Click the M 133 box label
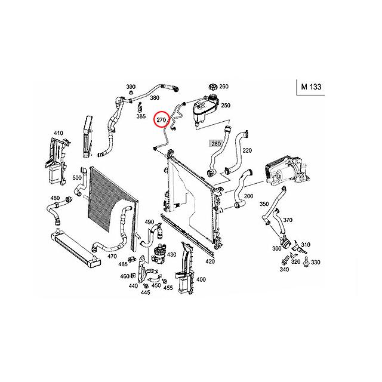click(x=311, y=87)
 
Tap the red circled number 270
click(x=161, y=121)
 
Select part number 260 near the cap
click(x=224, y=87)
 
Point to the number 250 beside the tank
click(x=226, y=106)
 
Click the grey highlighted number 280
click(x=215, y=144)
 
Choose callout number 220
click(x=248, y=150)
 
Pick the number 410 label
click(x=58, y=133)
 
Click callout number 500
click(x=77, y=177)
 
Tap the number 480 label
click(x=55, y=198)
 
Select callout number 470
click(x=112, y=256)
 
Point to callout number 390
click(x=131, y=87)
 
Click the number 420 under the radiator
click(x=210, y=261)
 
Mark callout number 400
click(x=201, y=279)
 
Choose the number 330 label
click(x=316, y=262)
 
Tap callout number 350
click(x=264, y=204)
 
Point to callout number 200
click(x=248, y=196)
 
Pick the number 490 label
click(x=149, y=222)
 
